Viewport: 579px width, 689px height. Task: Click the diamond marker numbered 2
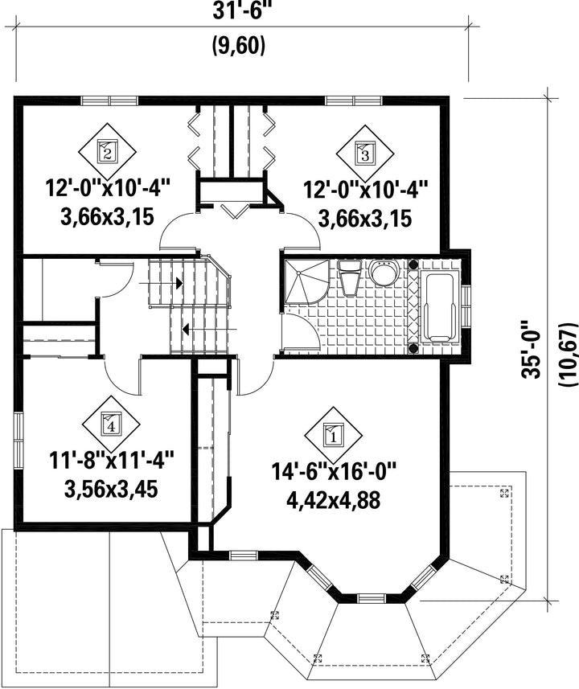pos(107,152)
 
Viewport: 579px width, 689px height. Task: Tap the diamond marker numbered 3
pos(365,154)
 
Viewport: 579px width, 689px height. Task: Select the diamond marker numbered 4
pos(111,424)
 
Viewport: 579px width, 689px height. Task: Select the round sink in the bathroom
pos(384,273)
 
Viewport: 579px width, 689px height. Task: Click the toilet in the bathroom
pos(350,277)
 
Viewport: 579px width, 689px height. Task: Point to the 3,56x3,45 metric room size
pos(111,489)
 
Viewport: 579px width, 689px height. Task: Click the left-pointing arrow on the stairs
pos(209,328)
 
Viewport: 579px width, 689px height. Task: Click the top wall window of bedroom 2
pos(110,100)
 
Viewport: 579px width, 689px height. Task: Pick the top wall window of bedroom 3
pos(354,100)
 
